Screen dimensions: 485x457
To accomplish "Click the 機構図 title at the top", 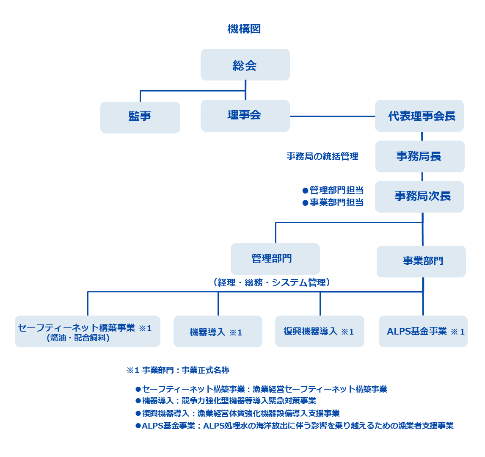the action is click(x=244, y=29).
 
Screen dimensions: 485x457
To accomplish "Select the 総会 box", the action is click(x=245, y=64).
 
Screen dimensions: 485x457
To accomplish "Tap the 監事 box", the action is click(x=140, y=117).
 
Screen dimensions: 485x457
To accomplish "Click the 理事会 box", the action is click(x=245, y=116).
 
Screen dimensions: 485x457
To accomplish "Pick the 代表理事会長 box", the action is click(x=419, y=116).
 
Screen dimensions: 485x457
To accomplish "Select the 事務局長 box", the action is click(x=420, y=156).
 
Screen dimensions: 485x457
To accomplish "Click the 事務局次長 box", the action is click(x=419, y=197).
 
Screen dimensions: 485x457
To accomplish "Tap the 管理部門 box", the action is click(x=275, y=259).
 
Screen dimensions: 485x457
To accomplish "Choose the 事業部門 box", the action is click(x=421, y=261).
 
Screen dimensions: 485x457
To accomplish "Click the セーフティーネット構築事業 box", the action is click(x=88, y=331).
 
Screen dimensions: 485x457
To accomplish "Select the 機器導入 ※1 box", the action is click(x=218, y=331).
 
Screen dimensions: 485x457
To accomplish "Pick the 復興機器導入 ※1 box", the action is click(x=320, y=331).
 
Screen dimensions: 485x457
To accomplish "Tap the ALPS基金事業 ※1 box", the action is click(x=423, y=331).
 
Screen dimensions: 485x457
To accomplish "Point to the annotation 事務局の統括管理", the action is click(x=322, y=156).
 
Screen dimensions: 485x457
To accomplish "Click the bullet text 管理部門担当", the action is click(x=336, y=190).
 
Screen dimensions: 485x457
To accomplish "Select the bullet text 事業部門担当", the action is click(x=336, y=202).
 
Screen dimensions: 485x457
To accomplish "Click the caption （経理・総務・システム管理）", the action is click(x=272, y=283).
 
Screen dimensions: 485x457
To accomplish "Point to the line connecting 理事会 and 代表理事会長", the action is click(x=333, y=116).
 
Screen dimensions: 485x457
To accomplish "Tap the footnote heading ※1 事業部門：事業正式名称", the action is click(x=178, y=370).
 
